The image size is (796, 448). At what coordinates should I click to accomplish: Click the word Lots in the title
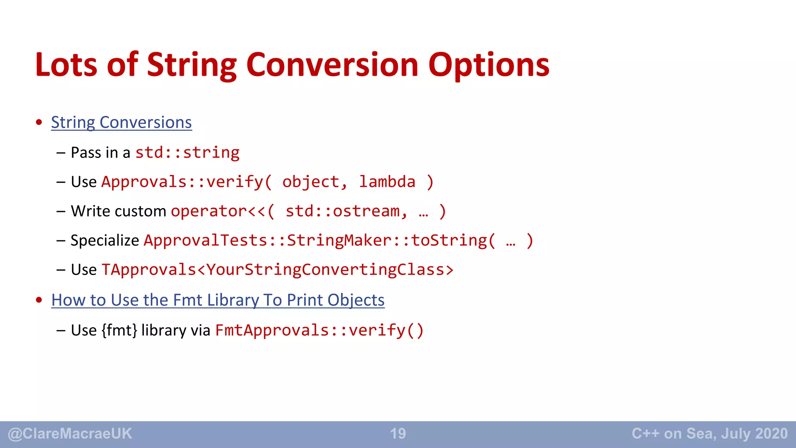click(x=66, y=65)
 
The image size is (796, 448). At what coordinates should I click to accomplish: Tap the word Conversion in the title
click(x=332, y=65)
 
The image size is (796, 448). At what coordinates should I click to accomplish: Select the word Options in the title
click(x=489, y=65)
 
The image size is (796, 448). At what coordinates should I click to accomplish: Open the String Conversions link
click(x=121, y=122)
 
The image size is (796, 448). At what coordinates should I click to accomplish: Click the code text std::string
click(x=187, y=152)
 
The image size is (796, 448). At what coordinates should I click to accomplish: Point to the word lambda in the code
click(x=387, y=182)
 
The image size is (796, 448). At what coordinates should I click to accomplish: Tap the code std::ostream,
click(x=346, y=211)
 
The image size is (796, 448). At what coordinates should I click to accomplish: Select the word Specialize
click(x=105, y=240)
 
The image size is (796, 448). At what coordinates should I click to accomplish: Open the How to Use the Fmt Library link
click(x=218, y=300)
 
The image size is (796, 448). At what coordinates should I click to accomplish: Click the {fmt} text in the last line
click(x=119, y=330)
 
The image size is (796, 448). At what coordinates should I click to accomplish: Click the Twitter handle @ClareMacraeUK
click(x=70, y=434)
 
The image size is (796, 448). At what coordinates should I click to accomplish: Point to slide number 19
click(x=398, y=434)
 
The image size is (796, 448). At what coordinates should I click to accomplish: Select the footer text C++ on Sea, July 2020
click(x=710, y=434)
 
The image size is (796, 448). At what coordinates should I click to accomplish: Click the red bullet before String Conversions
click(x=39, y=122)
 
